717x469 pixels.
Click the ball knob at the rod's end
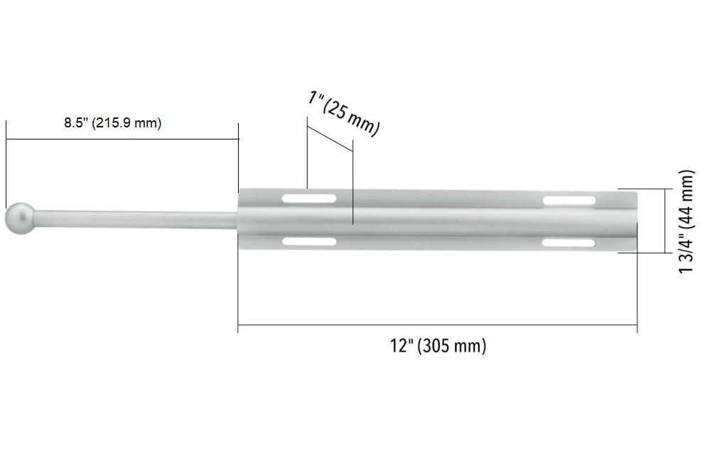tap(20, 218)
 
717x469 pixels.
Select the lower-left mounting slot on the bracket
tap(309, 242)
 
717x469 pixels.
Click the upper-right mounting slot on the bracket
tap(569, 201)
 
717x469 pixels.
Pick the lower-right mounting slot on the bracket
tap(568, 243)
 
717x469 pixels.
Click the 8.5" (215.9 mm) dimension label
tap(112, 123)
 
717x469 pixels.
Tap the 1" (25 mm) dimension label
tap(344, 112)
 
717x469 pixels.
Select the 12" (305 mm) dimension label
tap(438, 347)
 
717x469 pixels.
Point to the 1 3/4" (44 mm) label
tap(686, 221)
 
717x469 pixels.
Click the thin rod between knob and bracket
tap(135, 219)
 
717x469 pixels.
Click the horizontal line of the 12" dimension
tap(437, 325)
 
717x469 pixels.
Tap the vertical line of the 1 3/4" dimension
tap(666, 221)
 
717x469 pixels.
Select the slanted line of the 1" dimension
tap(330, 139)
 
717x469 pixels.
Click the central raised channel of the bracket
tap(437, 219)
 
